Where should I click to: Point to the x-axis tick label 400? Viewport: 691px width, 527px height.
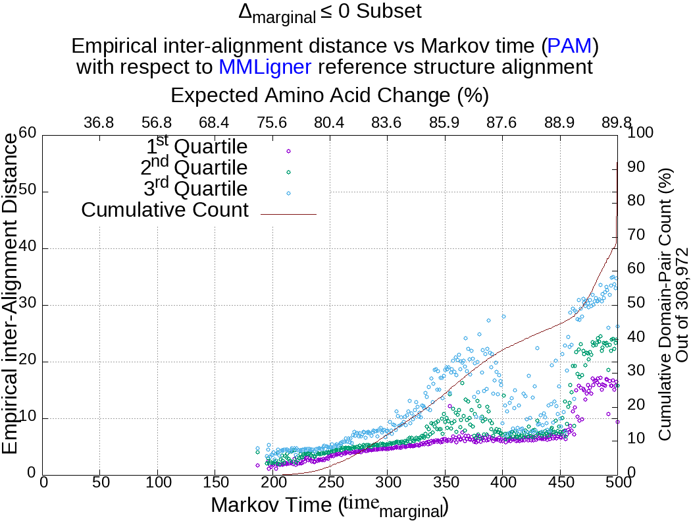tap(502, 482)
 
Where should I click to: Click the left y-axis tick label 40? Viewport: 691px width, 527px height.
tap(27, 248)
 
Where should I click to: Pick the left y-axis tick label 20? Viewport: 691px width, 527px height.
tap(27, 362)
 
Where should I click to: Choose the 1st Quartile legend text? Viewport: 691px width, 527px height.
tap(197, 146)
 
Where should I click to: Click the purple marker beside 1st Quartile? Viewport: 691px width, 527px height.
tap(288, 151)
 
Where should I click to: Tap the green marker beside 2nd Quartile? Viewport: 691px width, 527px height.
tap(288, 172)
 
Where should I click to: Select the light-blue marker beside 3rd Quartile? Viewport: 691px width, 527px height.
tap(288, 193)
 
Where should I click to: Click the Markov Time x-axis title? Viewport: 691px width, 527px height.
tap(329, 506)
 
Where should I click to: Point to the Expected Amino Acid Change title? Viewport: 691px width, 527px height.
tap(329, 96)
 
